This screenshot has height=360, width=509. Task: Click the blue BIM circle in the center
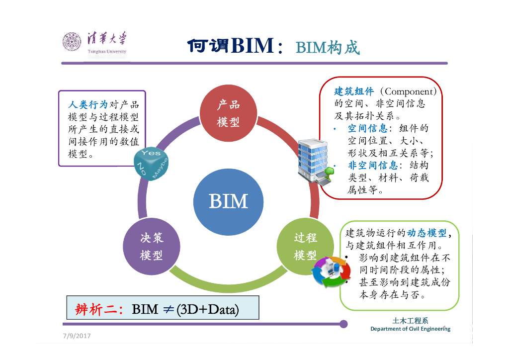tap(228, 201)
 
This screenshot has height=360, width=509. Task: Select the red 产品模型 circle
tap(228, 113)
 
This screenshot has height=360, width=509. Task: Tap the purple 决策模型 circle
tap(151, 247)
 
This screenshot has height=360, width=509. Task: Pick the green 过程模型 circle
tap(305, 247)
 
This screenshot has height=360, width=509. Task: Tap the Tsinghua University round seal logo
tap(72, 42)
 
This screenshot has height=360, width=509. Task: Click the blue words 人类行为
tap(87, 105)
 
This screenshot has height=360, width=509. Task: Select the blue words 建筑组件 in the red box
tap(353, 91)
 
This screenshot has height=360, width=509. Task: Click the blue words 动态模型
tap(426, 233)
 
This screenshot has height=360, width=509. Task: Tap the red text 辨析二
tap(97, 309)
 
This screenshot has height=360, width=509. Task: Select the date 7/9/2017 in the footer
tap(77, 336)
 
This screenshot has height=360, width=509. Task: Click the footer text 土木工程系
tap(410, 321)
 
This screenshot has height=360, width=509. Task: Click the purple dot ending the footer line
tap(343, 324)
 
